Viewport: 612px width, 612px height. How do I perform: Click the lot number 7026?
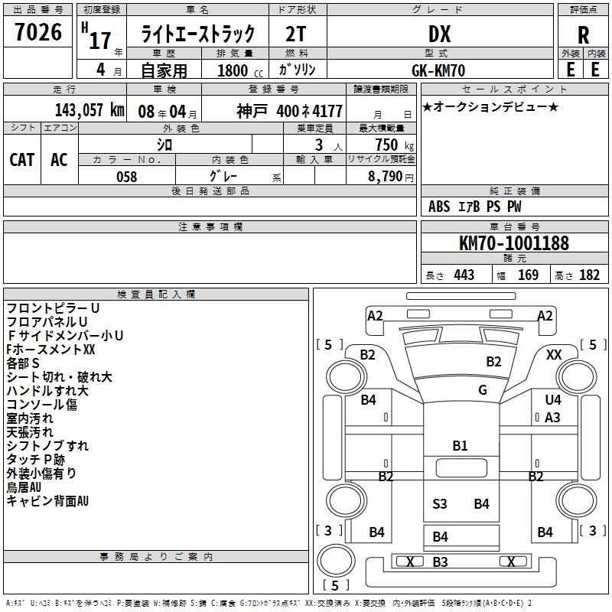(38, 32)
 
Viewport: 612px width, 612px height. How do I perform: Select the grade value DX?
(439, 34)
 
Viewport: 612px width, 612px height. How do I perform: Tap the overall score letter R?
(583, 35)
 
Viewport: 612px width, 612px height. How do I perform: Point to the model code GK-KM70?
(438, 70)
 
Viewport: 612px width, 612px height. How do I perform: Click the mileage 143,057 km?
(90, 110)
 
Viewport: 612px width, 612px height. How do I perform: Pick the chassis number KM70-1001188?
(514, 243)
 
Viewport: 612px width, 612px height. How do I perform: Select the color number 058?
(127, 177)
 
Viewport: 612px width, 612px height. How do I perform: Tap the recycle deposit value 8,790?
(385, 177)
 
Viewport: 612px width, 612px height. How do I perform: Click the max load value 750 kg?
(394, 145)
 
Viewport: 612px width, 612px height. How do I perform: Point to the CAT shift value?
(22, 160)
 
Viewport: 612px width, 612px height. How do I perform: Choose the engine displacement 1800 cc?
(240, 70)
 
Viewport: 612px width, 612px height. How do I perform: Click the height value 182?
(589, 275)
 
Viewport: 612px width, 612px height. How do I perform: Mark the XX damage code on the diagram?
(553, 355)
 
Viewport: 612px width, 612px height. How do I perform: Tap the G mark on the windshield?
(483, 390)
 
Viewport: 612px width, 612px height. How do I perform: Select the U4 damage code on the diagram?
(553, 399)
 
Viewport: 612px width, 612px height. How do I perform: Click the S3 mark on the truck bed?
(439, 504)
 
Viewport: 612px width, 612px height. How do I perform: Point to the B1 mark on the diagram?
(460, 446)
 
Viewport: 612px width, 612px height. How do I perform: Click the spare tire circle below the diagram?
(336, 561)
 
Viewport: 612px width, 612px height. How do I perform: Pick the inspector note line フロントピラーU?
(53, 308)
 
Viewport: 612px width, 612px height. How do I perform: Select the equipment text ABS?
(439, 207)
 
